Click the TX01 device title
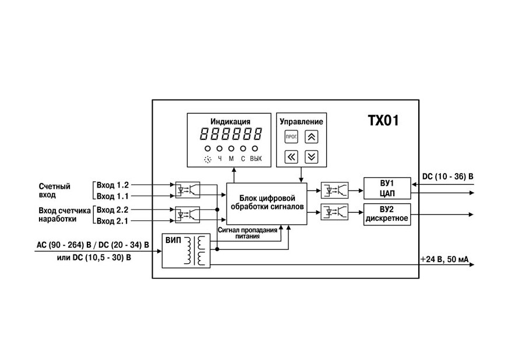click(383, 121)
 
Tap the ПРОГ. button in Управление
click(291, 136)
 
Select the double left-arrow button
click(291, 157)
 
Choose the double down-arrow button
click(311, 157)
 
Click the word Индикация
click(230, 122)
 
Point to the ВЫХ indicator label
click(256, 159)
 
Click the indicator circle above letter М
click(231, 149)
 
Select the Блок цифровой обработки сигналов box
click(267, 204)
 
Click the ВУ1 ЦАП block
click(387, 188)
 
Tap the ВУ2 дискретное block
click(387, 214)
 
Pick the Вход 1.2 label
click(112, 185)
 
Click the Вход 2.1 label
click(112, 221)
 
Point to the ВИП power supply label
click(174, 241)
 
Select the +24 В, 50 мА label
click(444, 259)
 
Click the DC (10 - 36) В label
click(447, 177)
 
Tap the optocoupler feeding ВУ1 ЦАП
click(334, 190)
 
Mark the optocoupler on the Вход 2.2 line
click(187, 214)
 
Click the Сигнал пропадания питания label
click(248, 233)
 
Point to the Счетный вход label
click(54, 190)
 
